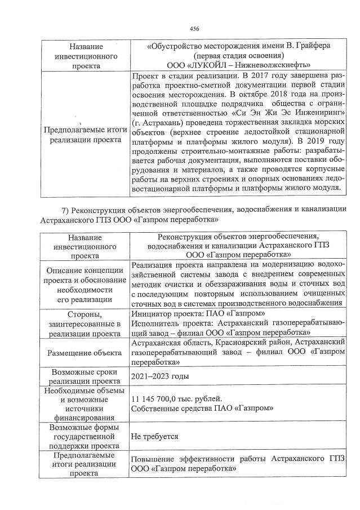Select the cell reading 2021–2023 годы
click(x=157, y=376)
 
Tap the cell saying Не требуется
click(x=155, y=436)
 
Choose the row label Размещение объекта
click(x=85, y=353)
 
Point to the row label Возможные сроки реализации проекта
click(x=85, y=376)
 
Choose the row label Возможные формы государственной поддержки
click(x=85, y=436)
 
